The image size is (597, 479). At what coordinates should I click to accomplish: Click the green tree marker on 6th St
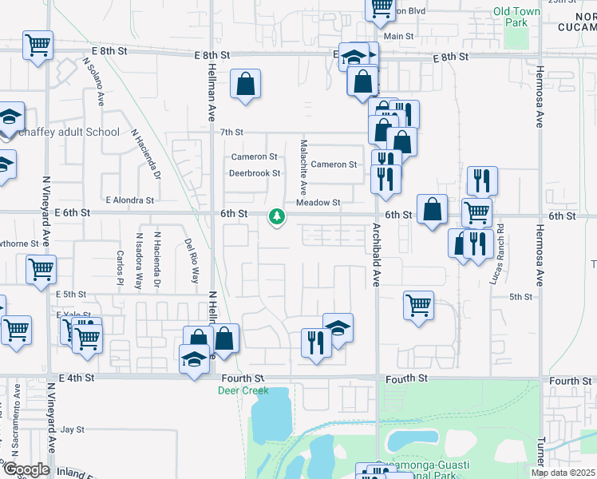pyautogui.click(x=277, y=216)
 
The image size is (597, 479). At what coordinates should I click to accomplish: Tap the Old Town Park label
pyautogui.click(x=511, y=17)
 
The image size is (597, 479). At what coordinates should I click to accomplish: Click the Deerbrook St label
pyautogui.click(x=255, y=173)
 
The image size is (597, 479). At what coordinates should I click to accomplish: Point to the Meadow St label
pyautogui.click(x=318, y=203)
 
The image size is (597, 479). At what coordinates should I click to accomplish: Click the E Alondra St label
pyautogui.click(x=129, y=200)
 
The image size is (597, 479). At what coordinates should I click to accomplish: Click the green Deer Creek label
pyautogui.click(x=243, y=390)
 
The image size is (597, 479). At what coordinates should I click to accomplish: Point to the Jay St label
pyautogui.click(x=73, y=430)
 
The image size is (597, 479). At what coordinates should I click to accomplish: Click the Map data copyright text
pyautogui.click(x=563, y=473)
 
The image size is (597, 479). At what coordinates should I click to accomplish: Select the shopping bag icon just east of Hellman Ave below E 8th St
pyautogui.click(x=246, y=84)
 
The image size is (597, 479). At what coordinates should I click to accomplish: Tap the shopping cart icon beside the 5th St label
pyautogui.click(x=418, y=305)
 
